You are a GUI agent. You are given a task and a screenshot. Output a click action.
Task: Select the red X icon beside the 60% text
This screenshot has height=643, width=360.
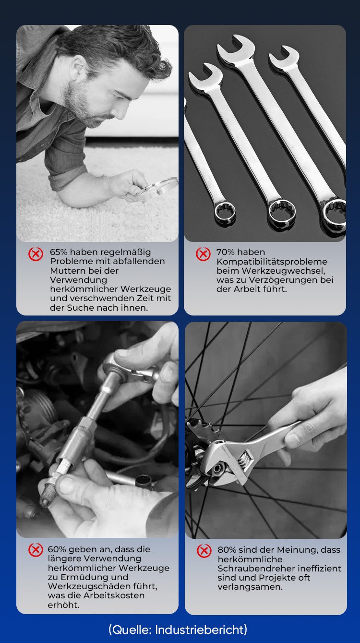[36, 550]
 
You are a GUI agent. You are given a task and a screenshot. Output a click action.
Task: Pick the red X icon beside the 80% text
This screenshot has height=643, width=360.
[204, 551]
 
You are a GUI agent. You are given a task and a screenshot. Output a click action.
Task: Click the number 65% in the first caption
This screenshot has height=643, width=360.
[59, 252]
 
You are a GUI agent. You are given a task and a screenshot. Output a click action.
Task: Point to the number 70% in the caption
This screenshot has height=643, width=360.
[225, 252]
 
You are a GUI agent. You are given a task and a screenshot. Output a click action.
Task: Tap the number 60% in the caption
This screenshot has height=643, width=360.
[57, 549]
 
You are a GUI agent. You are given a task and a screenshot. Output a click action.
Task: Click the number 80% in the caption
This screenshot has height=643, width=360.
[227, 550]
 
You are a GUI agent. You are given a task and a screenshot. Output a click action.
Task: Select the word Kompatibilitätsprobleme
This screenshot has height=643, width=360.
[272, 262]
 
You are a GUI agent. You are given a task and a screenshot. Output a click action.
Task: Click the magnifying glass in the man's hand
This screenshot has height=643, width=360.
[157, 187]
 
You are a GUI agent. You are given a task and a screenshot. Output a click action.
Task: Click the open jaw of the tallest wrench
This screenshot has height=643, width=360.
[236, 46]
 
